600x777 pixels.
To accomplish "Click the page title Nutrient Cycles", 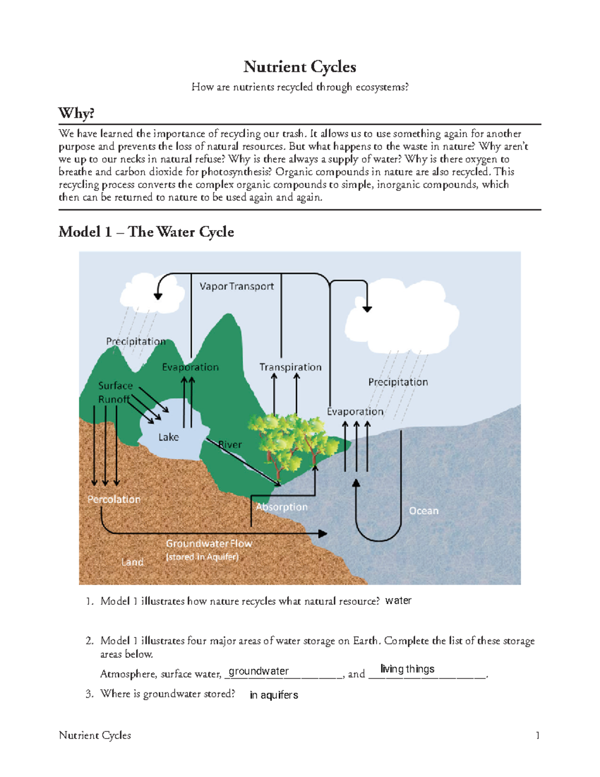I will click(299, 67).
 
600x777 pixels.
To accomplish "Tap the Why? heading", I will click(76, 113).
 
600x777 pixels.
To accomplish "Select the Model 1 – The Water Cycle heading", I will click(146, 232).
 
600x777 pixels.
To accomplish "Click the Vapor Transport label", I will click(236, 286).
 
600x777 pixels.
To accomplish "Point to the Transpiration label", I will click(290, 367).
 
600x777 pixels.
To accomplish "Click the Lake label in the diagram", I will click(168, 437).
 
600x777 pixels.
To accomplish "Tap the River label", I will click(230, 444).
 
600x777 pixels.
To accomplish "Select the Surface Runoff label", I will click(115, 392).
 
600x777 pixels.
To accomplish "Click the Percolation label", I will click(114, 499).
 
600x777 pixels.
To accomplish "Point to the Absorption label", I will click(281, 507).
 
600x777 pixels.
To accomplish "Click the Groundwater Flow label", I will click(209, 543).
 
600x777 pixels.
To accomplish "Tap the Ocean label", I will click(423, 511).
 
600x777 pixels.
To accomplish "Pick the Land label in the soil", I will click(132, 562).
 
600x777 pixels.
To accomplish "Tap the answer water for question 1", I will click(398, 600).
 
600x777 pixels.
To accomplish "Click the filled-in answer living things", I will click(407, 669).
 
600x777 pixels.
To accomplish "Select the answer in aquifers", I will click(273, 695).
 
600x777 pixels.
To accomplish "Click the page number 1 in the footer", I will click(537, 735).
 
